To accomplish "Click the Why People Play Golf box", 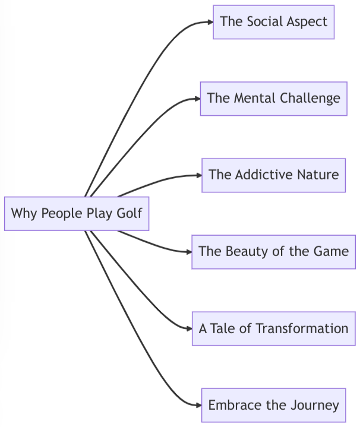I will click(x=76, y=213).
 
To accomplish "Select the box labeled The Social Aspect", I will click(x=273, y=22).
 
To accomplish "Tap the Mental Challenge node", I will click(x=273, y=99).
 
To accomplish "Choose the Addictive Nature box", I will click(x=273, y=175).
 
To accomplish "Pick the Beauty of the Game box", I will click(x=273, y=252).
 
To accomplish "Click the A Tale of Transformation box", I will click(x=273, y=328).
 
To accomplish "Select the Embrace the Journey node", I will click(x=273, y=405).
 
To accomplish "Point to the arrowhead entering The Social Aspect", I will click(x=209, y=22).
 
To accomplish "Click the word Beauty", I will click(x=247, y=252).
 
